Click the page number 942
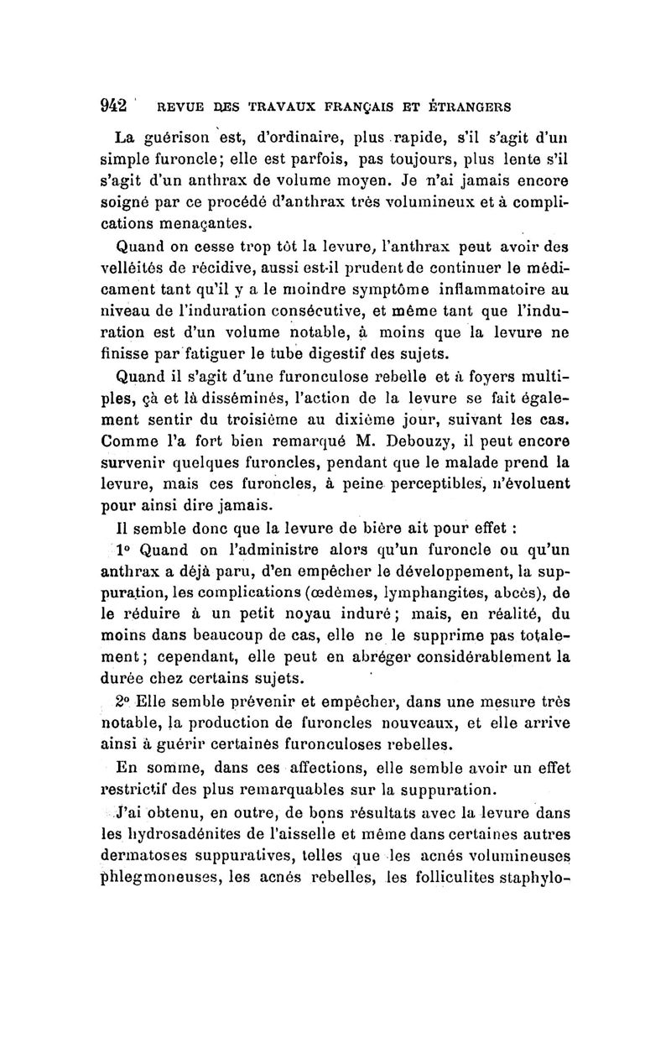(113, 106)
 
